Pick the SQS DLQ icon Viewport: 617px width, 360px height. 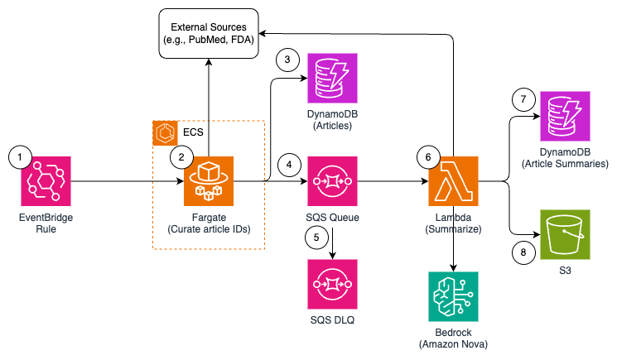[x=331, y=284]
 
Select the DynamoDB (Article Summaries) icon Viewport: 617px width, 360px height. [x=565, y=118]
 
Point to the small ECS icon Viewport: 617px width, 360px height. [x=165, y=132]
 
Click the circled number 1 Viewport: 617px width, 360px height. [x=19, y=155]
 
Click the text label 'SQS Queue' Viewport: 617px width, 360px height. [x=331, y=217]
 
